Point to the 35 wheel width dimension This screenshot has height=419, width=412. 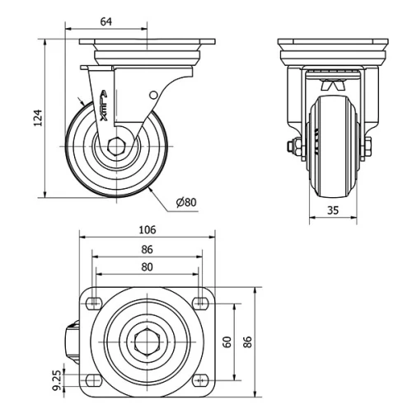tap(333, 209)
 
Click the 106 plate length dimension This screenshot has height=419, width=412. tap(147, 230)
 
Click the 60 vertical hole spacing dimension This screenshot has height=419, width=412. tap(227, 340)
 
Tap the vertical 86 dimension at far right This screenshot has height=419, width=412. tap(248, 340)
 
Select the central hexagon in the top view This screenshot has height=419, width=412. tap(147, 340)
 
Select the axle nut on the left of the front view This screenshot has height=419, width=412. tap(292, 148)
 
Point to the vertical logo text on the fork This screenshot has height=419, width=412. tap(105, 105)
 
